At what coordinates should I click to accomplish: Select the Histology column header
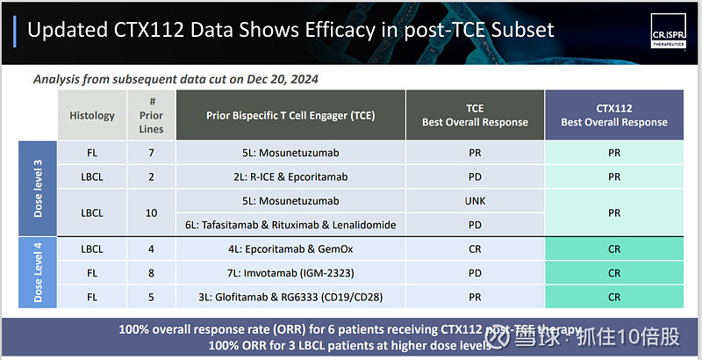93,115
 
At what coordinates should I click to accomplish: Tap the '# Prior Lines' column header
151,115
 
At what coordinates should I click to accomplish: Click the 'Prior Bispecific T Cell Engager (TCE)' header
290,115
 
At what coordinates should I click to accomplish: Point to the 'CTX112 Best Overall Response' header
613,115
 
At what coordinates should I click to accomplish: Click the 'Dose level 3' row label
38,188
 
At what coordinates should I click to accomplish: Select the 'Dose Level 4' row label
38,271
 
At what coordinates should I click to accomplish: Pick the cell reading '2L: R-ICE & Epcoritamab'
290,176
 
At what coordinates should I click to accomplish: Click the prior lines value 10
151,212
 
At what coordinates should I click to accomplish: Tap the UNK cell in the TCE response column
475,200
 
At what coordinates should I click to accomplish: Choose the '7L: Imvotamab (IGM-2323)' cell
290,273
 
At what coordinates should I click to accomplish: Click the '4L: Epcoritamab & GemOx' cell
290,249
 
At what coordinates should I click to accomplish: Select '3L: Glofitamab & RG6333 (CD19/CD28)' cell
290,297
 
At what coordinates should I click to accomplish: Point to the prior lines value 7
151,152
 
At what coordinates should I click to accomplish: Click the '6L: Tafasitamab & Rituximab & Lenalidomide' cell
290,225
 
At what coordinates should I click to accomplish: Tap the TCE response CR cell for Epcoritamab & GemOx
475,249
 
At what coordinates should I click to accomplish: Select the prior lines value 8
151,273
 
